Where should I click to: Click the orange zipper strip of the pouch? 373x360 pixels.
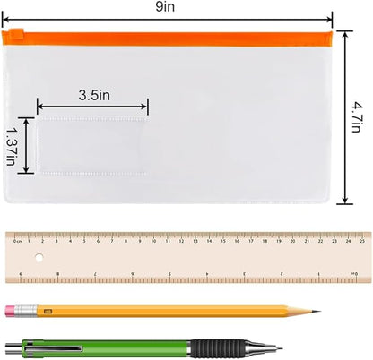click(179, 37)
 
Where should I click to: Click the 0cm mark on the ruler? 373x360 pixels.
click(16, 239)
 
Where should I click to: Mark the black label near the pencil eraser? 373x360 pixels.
click(48, 311)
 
